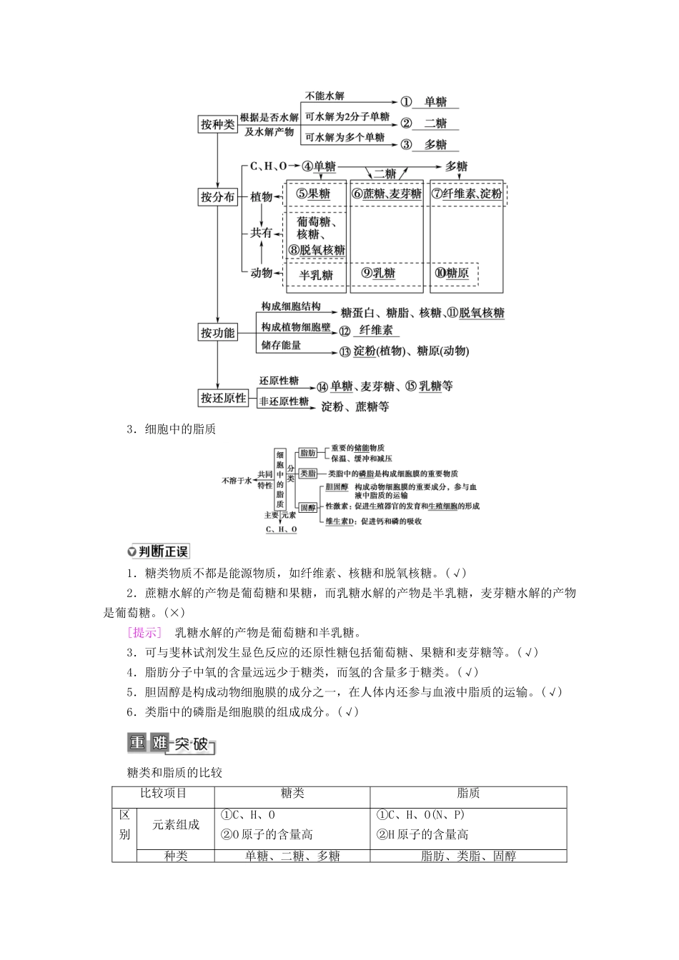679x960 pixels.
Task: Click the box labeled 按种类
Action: (217, 124)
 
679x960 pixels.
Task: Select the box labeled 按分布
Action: (217, 197)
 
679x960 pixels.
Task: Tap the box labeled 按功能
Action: (217, 332)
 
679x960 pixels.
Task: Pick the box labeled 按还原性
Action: (223, 398)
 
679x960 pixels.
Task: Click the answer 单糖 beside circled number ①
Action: (435, 102)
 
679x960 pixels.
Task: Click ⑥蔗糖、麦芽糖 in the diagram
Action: (387, 194)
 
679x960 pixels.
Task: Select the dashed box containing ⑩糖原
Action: (454, 274)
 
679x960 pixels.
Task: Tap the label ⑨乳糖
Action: (378, 273)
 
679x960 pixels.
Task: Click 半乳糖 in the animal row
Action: (316, 274)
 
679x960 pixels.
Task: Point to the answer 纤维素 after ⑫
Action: (375, 331)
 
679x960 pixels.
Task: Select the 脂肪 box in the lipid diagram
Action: (308, 453)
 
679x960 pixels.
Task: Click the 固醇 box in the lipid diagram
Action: (308, 507)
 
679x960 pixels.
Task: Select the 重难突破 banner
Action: (170, 744)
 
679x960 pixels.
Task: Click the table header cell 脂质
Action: (468, 793)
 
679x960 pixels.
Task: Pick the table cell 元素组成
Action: (176, 824)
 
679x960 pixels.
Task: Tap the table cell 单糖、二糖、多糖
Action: (292, 856)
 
